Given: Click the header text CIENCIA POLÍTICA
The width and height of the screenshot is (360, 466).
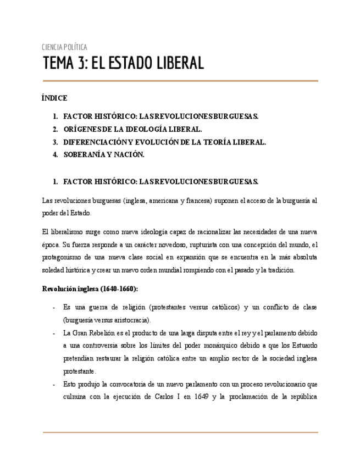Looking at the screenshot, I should point(64,47).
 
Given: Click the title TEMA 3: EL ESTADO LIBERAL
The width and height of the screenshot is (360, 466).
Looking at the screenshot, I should point(124,63).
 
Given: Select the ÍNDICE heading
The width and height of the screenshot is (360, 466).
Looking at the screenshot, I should point(54,98).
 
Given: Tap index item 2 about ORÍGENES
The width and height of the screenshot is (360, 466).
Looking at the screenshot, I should point(132,129).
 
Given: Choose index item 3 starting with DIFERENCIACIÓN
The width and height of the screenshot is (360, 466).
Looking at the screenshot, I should point(164,142).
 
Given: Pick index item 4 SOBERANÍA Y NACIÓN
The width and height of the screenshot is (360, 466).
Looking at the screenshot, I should point(104,154).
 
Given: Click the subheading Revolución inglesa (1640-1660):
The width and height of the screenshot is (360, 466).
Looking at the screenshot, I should point(90,289).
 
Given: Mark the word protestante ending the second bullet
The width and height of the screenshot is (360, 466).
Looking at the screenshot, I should point(79,371).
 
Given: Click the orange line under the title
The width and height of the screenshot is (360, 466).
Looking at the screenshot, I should point(180,81).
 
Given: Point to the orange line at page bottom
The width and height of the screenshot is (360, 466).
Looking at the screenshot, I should point(180,432).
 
